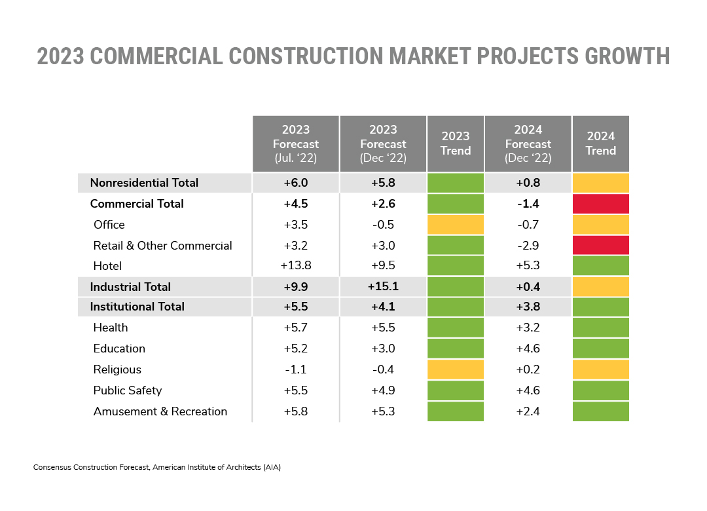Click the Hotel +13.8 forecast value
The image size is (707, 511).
pos(296,265)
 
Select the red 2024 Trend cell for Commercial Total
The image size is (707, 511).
pos(600,204)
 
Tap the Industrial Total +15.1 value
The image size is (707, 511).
pos(383,286)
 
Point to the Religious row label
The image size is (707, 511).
pos(117,369)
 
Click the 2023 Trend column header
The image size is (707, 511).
pos(456,143)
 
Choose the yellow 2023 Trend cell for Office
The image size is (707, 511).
pos(456,224)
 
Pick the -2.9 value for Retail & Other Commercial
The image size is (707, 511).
pos(528,246)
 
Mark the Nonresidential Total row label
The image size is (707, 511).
pos(144,183)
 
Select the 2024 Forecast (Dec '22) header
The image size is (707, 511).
pos(528,143)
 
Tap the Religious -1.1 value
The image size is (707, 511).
pos(296,369)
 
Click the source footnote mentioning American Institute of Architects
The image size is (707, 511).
pos(157,467)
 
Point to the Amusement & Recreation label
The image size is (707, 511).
pos(160,411)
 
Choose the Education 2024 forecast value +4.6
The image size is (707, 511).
pos(528,349)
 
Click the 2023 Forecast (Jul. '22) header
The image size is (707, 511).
pos(296,143)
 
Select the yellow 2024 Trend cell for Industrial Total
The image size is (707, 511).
pos(600,287)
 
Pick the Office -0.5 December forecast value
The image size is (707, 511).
pos(383,224)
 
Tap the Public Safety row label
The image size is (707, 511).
pos(128,390)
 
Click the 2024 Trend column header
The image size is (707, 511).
pos(600,143)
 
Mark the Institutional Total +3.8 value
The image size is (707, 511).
pos(528,307)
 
